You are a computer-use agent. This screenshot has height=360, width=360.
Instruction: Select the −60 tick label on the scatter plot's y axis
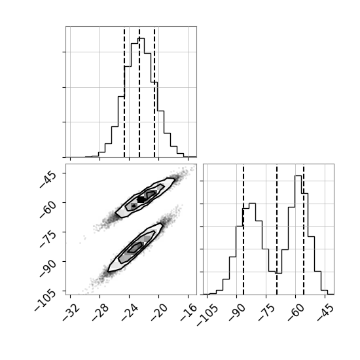click(48, 209)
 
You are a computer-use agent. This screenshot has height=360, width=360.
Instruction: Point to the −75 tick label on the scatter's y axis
click(48, 238)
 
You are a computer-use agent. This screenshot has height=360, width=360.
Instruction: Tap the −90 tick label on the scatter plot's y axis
click(48, 268)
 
